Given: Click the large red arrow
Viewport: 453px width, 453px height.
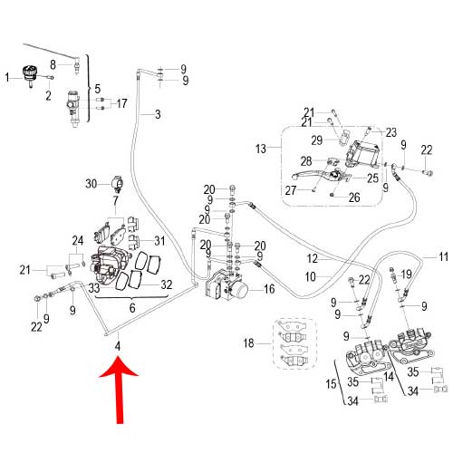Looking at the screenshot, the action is click(x=120, y=390).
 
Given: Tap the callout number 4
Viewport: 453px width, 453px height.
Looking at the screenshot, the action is click(x=118, y=346).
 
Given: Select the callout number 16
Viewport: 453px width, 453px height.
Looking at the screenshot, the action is click(x=269, y=289).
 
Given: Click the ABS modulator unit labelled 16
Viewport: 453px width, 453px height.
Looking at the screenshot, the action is click(x=226, y=285).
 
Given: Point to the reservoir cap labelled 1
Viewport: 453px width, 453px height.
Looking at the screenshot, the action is click(x=30, y=75).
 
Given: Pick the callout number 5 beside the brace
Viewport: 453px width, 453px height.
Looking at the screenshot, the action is click(x=97, y=89).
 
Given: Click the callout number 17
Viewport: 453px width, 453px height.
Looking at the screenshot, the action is click(x=121, y=103).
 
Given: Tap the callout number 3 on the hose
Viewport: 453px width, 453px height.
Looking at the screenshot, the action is click(x=158, y=114).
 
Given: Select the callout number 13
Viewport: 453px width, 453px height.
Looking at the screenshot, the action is click(x=261, y=149).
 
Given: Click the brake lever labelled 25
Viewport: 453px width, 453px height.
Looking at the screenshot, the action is click(x=322, y=175).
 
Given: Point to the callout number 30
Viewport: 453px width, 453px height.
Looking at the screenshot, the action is click(x=92, y=184).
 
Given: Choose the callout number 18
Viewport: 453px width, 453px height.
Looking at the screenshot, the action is click(x=248, y=343).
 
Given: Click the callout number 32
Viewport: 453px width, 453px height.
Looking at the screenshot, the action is click(x=167, y=284).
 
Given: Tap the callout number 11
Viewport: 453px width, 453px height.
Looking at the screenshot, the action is click(x=443, y=257).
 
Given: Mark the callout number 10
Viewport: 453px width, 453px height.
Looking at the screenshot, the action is click(x=310, y=276).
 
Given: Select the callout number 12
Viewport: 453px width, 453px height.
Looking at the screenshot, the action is click(x=313, y=258).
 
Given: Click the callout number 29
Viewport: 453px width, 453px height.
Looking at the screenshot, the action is click(x=317, y=140).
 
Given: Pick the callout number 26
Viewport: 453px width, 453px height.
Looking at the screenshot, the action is click(x=354, y=198).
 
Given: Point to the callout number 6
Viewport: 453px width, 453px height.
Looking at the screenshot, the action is click(x=132, y=308).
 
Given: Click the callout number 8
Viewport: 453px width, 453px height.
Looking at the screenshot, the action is click(x=53, y=64).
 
